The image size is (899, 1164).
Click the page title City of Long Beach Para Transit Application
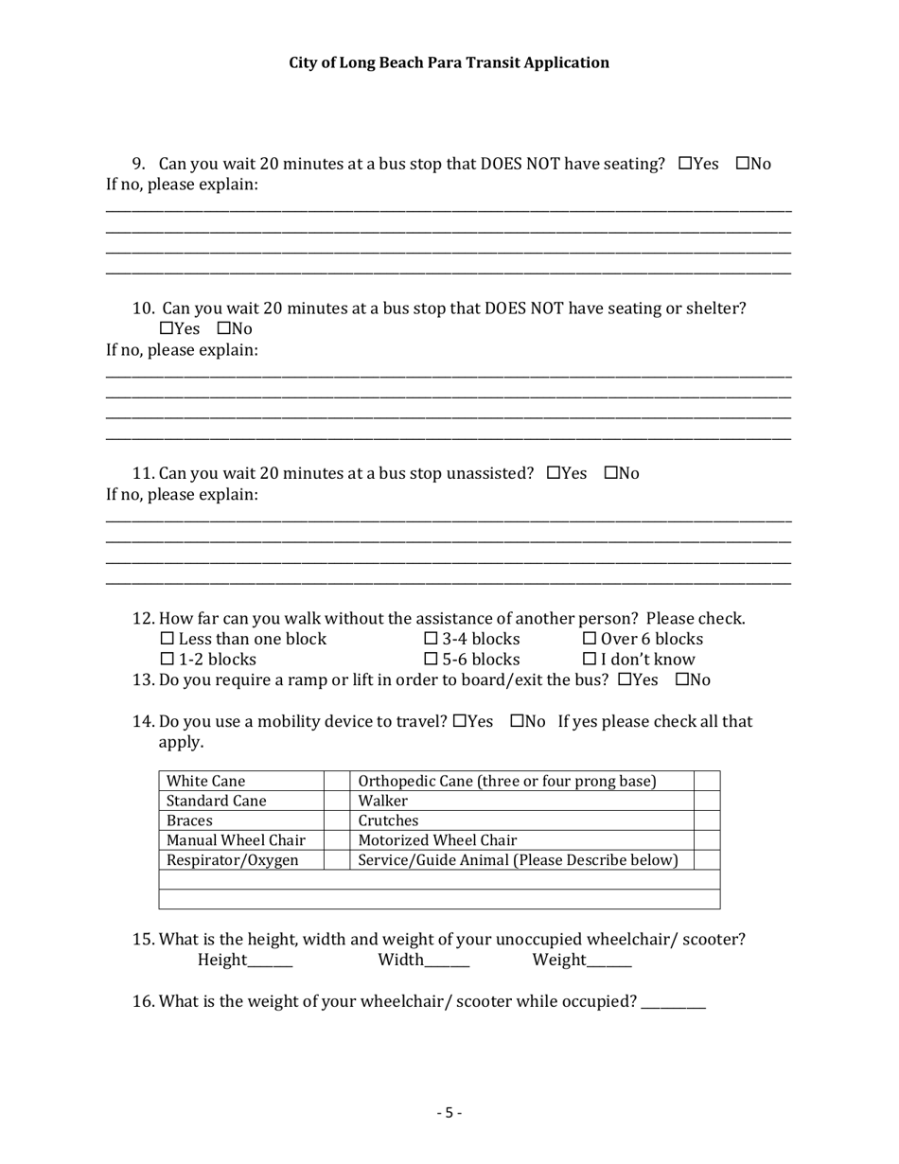(x=449, y=62)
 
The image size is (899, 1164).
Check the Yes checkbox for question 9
(x=685, y=164)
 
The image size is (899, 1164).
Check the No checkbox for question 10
(x=224, y=329)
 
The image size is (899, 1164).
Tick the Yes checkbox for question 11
(x=554, y=473)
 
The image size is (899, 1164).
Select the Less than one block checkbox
(x=167, y=640)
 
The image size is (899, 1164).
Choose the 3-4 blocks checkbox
(x=431, y=640)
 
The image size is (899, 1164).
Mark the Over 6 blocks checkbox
(x=589, y=640)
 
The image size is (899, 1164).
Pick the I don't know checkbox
(x=589, y=660)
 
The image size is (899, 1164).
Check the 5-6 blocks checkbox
(x=431, y=660)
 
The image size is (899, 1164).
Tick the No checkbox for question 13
(x=681, y=680)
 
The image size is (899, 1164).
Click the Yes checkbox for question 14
(x=460, y=722)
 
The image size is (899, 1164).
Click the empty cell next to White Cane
(x=337, y=781)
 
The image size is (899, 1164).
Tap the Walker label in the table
(x=382, y=801)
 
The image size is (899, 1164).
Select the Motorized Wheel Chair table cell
(x=437, y=840)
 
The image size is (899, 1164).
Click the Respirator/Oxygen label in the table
(x=232, y=860)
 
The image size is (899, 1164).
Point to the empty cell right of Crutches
(x=707, y=820)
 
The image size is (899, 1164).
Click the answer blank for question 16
(x=673, y=1005)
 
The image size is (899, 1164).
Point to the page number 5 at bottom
(x=449, y=1113)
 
